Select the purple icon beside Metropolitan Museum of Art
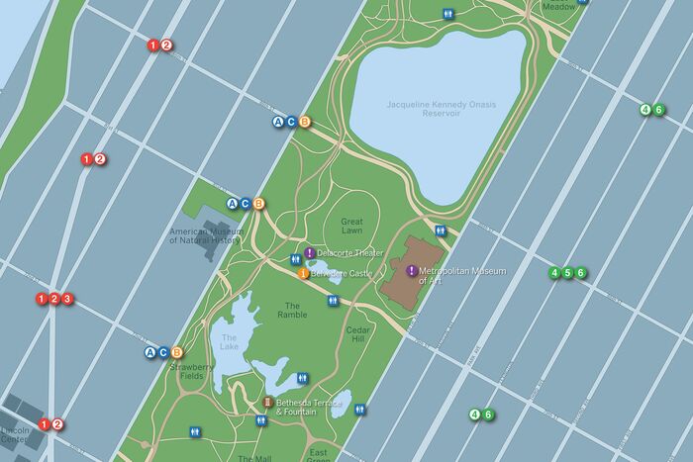[x=411, y=271]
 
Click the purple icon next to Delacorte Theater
[x=309, y=253]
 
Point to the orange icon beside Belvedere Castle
[x=303, y=273]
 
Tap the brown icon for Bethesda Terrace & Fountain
[x=267, y=403]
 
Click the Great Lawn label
[x=351, y=226]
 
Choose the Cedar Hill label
[x=358, y=334]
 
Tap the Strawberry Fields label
[x=191, y=371]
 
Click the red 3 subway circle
[x=68, y=299]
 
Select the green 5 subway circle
[x=567, y=273]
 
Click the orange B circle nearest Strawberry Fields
[x=177, y=352]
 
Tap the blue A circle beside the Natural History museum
[x=233, y=204]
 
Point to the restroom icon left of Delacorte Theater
[x=295, y=258]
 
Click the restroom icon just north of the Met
[x=441, y=231]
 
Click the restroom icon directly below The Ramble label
[x=332, y=300]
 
